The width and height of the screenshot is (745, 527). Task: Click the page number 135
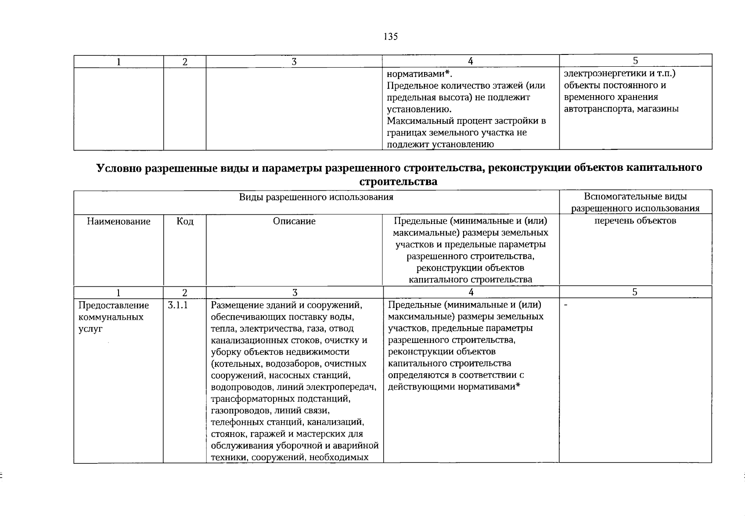pyautogui.click(x=390, y=37)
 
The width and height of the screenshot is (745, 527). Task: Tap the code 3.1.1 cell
pyautogui.click(x=178, y=305)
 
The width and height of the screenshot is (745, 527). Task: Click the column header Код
pyautogui.click(x=185, y=221)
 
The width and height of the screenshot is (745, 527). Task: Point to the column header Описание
pyautogui.click(x=294, y=221)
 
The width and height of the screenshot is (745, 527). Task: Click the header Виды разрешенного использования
pyautogui.click(x=316, y=197)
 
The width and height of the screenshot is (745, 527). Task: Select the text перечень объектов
pyautogui.click(x=635, y=221)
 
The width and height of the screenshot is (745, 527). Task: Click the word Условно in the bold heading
pyautogui.click(x=119, y=168)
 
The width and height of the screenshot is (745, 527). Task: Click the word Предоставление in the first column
pyautogui.click(x=114, y=305)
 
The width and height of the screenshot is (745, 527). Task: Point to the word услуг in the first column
pyautogui.click(x=90, y=329)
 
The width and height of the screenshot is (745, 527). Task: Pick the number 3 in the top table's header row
pyautogui.click(x=294, y=62)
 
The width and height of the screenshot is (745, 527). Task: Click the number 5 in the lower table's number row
pyautogui.click(x=635, y=292)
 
